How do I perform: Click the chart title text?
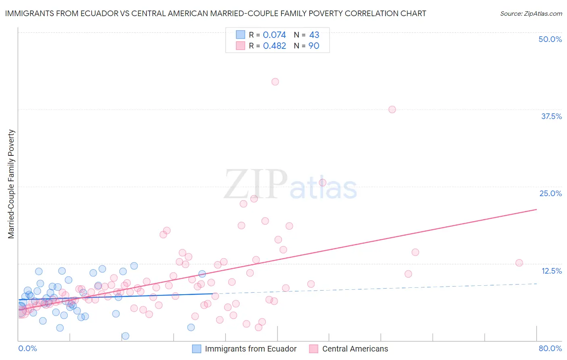coord(215,13)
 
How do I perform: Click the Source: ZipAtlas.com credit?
coord(531,13)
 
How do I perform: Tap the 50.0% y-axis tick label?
coord(550,39)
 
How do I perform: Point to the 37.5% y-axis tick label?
coord(551,116)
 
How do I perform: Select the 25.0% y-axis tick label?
coord(550,193)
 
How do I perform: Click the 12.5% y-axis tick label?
coord(551,271)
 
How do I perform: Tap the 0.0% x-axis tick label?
coord(27,348)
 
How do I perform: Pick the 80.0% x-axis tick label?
coord(550,348)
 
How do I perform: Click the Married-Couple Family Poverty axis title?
coord(11,184)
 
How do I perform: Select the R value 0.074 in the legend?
coord(274,35)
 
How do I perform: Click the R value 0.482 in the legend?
coord(274,46)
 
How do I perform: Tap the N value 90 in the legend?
coord(314,46)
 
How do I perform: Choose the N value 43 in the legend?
coord(314,35)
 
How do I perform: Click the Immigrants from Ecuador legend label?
coord(250,349)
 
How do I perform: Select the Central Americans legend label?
coord(355,349)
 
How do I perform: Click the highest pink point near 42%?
coord(275,82)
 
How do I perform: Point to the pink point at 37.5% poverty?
coord(392,109)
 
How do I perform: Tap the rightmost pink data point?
coord(519,263)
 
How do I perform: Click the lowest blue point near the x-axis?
coord(125,336)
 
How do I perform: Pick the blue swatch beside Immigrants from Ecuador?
coord(196,349)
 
